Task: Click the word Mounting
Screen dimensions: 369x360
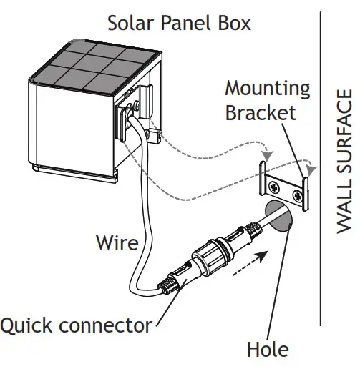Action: pos(268,89)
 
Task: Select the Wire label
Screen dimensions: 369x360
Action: pos(117,242)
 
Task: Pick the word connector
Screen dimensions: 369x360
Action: pos(107,326)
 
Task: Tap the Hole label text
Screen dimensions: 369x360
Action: pos(267,350)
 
